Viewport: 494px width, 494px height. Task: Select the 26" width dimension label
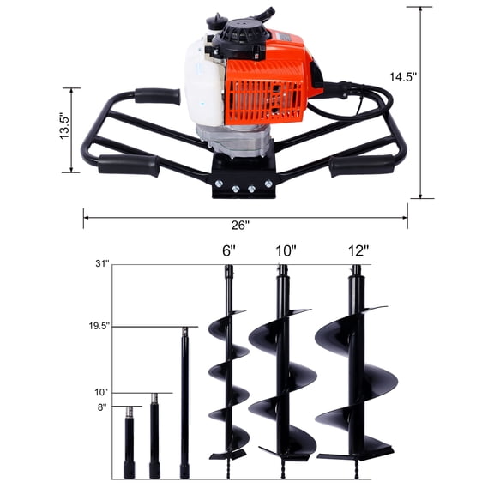(240, 226)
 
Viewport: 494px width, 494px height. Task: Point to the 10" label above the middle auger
(286, 251)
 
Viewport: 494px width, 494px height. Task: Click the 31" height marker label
(102, 265)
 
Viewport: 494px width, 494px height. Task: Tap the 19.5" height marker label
(98, 327)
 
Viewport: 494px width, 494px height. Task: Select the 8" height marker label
(102, 407)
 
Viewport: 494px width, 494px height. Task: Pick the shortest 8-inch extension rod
(130, 442)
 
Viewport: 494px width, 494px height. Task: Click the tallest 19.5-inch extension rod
(184, 403)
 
